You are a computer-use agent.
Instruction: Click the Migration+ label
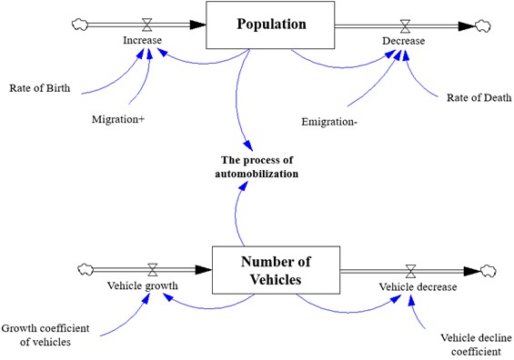118,119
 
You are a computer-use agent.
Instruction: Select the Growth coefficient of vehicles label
45,335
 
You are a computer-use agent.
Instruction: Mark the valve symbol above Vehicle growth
153,270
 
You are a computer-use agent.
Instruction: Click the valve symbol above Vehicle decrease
411,270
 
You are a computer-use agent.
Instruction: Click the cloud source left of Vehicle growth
86,269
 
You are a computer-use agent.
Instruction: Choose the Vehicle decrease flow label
418,286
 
